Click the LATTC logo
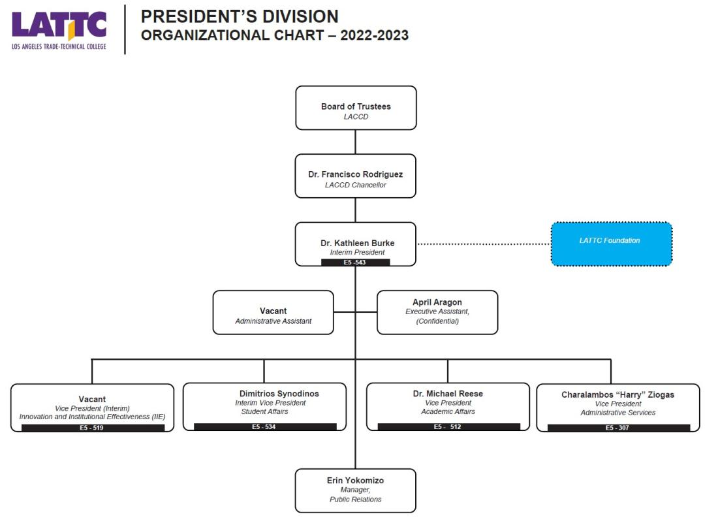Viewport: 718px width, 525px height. pyautogui.click(x=59, y=30)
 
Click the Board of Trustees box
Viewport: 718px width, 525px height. pyautogui.click(x=356, y=108)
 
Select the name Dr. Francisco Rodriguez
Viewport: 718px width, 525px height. pyautogui.click(x=355, y=174)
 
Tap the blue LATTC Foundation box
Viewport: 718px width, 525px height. pyautogui.click(x=612, y=244)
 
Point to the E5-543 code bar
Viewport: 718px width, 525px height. pyautogui.click(x=355, y=262)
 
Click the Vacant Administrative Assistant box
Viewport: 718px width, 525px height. pyautogui.click(x=273, y=312)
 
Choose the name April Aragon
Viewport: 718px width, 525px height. pyautogui.click(x=437, y=302)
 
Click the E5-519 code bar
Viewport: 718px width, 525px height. pyautogui.click(x=93, y=428)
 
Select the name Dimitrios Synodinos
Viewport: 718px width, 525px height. pyautogui.click(x=279, y=394)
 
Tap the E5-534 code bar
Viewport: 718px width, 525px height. pyautogui.click(x=264, y=427)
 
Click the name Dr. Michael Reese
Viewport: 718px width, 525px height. pyautogui.click(x=448, y=394)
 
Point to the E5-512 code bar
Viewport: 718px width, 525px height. pyautogui.click(x=448, y=427)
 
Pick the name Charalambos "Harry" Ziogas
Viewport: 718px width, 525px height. pyautogui.click(x=617, y=394)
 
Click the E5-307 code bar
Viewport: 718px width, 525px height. pyautogui.click(x=618, y=428)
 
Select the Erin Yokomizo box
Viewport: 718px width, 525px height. pyautogui.click(x=355, y=490)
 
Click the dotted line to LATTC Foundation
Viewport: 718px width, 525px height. pyautogui.click(x=484, y=244)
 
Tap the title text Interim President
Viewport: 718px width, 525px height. pyautogui.click(x=357, y=253)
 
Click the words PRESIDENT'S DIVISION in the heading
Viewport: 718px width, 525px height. pyautogui.click(x=240, y=16)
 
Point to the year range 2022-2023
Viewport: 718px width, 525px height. pyautogui.click(x=374, y=35)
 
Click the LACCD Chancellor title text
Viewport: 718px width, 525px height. pyautogui.click(x=355, y=185)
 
